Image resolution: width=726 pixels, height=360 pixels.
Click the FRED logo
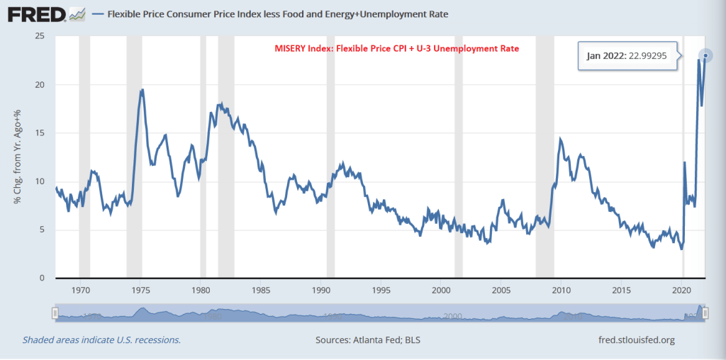click(x=39, y=13)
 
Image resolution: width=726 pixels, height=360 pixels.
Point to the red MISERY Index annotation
click(x=397, y=49)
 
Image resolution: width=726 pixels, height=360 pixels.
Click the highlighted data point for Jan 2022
click(x=705, y=55)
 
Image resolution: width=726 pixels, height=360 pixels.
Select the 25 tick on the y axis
click(x=40, y=36)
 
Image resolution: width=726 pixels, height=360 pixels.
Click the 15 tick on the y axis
click(x=40, y=133)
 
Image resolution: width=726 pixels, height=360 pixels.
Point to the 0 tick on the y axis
click(x=43, y=279)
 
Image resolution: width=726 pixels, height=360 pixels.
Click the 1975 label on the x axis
click(x=141, y=290)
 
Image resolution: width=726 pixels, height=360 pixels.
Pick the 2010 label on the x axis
click(x=562, y=290)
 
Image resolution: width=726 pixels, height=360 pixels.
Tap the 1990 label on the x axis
click(x=321, y=290)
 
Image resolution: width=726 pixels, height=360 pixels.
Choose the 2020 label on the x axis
click(x=681, y=290)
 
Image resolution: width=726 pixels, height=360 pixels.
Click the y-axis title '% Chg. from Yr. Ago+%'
click(x=17, y=157)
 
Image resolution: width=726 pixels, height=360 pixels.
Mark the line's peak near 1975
click(x=143, y=89)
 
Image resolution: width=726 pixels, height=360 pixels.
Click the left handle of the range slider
click(x=55, y=313)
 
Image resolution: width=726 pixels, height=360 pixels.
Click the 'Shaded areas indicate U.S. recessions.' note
click(x=101, y=340)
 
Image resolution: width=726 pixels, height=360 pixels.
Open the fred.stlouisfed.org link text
click(x=637, y=340)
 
